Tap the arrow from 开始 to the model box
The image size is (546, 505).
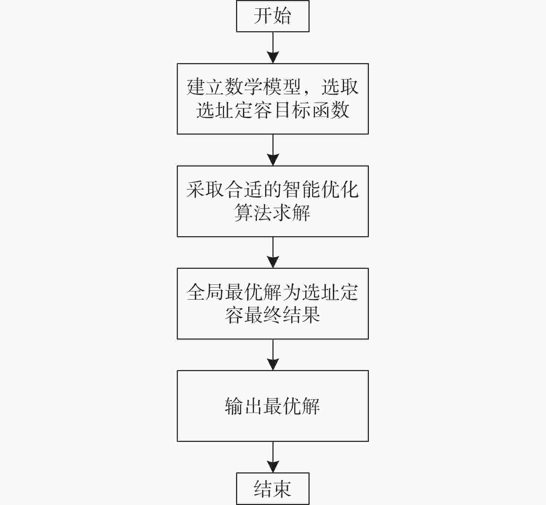coord(273,48)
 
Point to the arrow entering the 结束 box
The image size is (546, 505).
coord(273,457)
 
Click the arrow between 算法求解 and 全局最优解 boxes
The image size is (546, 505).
coord(273,252)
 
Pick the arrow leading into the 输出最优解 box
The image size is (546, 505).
coord(273,355)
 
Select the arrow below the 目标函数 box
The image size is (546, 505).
coord(273,150)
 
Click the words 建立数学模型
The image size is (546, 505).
coord(243,87)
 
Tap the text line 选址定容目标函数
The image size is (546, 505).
coord(272,110)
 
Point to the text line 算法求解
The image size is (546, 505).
coord(272,213)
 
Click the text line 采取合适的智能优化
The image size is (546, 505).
coord(272,189)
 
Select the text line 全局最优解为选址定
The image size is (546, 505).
coord(272,292)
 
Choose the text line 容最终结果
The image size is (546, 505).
coord(272,315)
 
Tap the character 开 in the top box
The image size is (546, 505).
coord(263,16)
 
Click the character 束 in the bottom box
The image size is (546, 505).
coord(282,489)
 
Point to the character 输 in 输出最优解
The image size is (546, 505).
coord(234,406)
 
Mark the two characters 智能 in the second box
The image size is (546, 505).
coord(301,189)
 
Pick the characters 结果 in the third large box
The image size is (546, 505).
coord(301,315)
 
